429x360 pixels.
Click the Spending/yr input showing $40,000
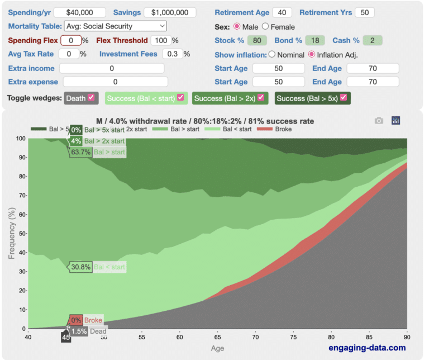(85, 12)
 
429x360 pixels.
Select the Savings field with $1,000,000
(170, 12)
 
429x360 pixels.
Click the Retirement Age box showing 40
(282, 12)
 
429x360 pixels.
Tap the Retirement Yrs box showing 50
(364, 12)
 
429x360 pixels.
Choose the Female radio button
(265, 26)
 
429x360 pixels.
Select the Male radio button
(236, 26)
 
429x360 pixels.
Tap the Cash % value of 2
(371, 40)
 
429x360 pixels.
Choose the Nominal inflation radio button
(272, 55)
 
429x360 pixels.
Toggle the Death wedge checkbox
(90, 98)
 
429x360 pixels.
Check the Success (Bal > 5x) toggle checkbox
(344, 98)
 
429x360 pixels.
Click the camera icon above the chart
(379, 120)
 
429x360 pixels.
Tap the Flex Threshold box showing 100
(161, 40)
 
